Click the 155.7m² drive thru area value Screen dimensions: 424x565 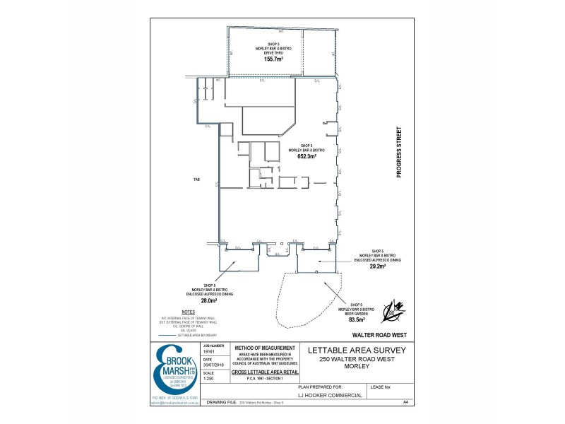coord(273,59)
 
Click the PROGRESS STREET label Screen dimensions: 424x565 coord(398,152)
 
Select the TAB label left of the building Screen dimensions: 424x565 coord(197,179)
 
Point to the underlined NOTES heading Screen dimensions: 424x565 coord(188,312)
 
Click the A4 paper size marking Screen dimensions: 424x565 coord(406,402)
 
